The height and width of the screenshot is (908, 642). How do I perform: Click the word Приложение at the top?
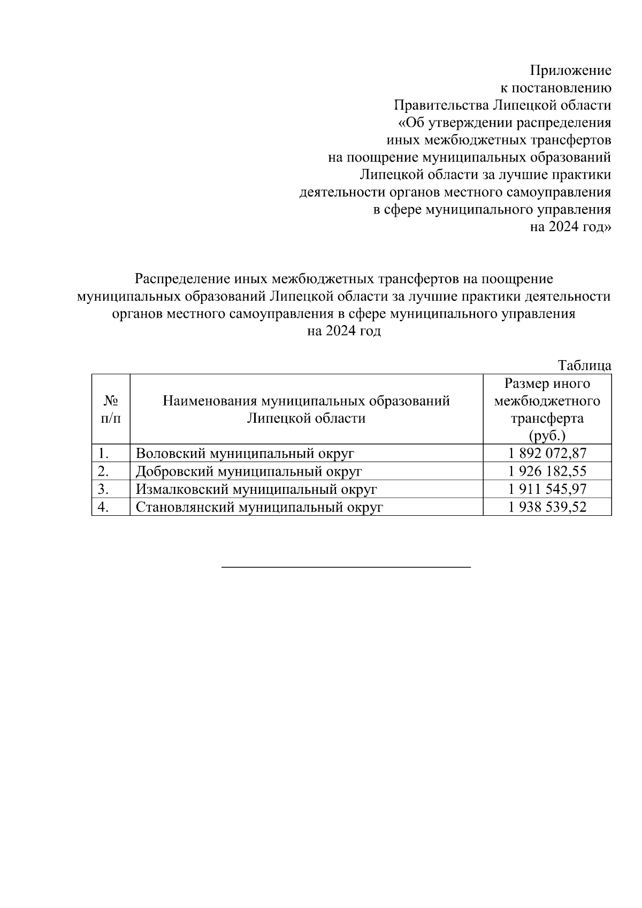[570, 71]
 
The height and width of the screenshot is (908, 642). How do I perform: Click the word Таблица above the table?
[585, 366]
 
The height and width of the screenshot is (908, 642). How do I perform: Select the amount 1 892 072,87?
[547, 454]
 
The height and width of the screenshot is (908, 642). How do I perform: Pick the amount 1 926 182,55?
[547, 471]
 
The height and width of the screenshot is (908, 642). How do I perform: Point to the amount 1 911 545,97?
[547, 489]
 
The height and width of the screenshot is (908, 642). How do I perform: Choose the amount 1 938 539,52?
[547, 507]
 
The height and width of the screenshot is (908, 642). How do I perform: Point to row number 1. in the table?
[104, 454]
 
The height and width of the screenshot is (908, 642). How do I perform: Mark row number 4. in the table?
[104, 507]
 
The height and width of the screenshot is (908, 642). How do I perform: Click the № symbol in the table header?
[111, 401]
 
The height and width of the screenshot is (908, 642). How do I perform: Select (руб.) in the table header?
[547, 435]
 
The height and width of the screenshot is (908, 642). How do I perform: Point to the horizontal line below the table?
[346, 567]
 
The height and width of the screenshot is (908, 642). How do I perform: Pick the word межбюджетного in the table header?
[547, 401]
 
